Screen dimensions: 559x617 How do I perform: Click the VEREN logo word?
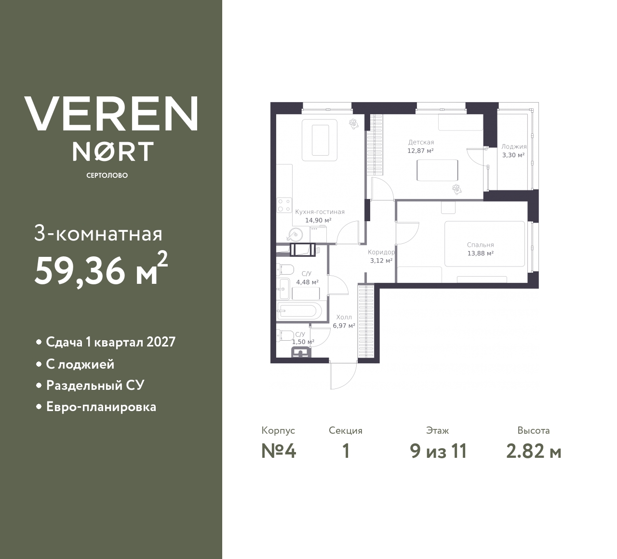(x=111, y=114)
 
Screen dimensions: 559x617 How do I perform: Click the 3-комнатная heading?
(x=98, y=234)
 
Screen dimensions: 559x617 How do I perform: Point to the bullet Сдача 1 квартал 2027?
(x=110, y=342)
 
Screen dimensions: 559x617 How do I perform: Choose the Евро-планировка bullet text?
(x=101, y=407)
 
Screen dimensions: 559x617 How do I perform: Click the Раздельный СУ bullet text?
(x=95, y=385)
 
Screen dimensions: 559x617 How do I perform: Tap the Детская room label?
(x=421, y=142)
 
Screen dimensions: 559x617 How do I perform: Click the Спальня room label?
(x=480, y=245)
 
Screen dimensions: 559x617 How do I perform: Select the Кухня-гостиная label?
(x=320, y=212)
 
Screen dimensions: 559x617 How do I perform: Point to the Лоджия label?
(x=513, y=146)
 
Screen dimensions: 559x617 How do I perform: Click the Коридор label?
(x=381, y=252)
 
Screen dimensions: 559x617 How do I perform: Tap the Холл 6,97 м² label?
(x=344, y=321)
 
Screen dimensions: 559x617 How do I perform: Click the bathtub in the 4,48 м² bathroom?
(x=297, y=310)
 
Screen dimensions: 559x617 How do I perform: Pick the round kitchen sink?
(x=294, y=235)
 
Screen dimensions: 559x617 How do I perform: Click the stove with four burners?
(x=284, y=205)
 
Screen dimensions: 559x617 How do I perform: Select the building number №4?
(x=279, y=452)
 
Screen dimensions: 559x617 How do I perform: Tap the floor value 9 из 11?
(x=438, y=452)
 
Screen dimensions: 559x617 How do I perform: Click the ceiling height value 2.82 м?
(x=534, y=452)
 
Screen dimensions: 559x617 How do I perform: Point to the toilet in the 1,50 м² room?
(x=285, y=335)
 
